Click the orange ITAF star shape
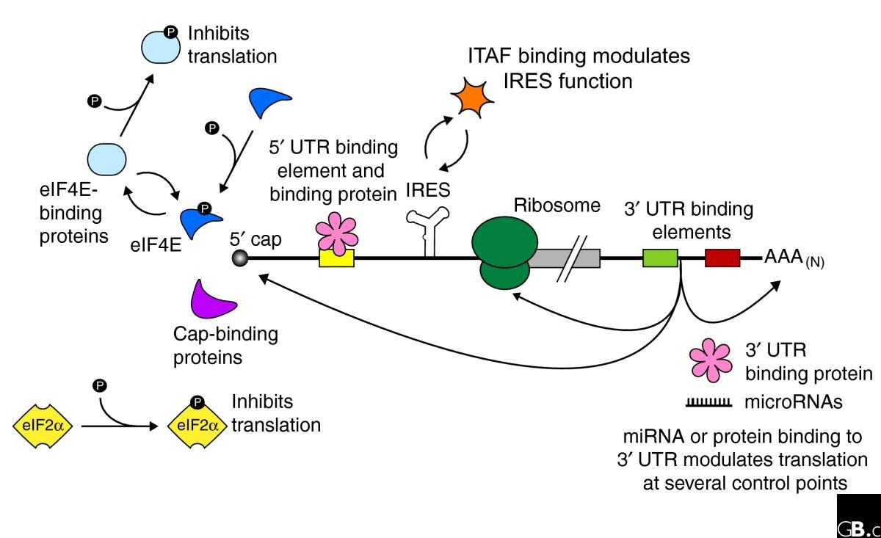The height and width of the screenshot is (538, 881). click(471, 98)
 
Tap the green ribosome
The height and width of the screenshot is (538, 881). click(504, 252)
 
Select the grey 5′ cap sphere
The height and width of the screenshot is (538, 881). click(240, 258)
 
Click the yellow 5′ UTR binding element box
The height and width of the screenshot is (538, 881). click(336, 258)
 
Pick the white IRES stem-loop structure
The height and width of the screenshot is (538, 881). click(429, 232)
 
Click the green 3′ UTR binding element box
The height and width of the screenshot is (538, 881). click(660, 258)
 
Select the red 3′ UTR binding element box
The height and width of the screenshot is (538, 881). click(722, 258)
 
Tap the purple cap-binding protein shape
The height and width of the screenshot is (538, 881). click(211, 301)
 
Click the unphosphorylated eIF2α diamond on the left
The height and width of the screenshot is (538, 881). click(43, 426)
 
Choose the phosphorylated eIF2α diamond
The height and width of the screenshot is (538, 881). click(197, 426)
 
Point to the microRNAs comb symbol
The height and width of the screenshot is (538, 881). click(708, 403)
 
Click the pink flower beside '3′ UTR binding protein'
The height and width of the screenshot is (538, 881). click(711, 360)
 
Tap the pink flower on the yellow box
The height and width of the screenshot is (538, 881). click(337, 233)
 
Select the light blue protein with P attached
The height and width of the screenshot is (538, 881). click(161, 46)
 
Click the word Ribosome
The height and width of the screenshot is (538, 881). click(557, 206)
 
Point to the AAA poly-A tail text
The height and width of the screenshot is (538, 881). click(794, 258)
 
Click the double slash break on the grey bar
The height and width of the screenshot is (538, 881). click(572, 259)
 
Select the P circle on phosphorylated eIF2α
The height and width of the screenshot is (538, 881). click(197, 402)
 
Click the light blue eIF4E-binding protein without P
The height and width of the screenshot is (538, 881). click(106, 159)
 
